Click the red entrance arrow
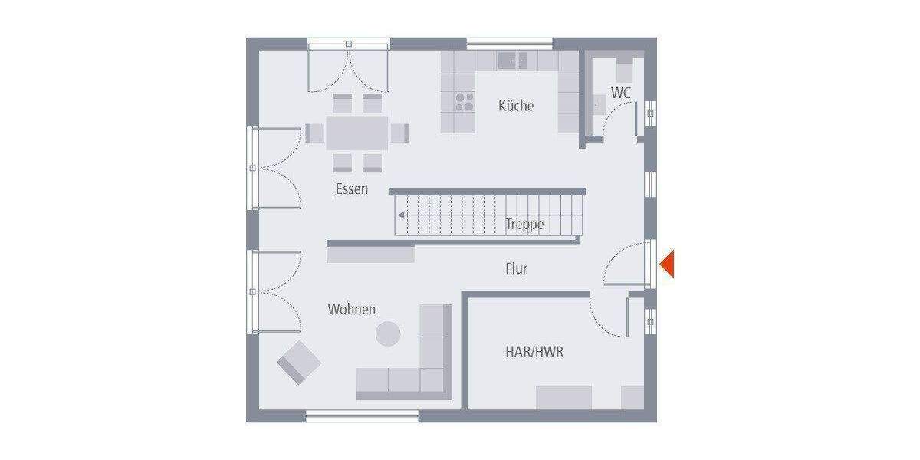(x=666, y=264)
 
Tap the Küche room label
(x=516, y=106)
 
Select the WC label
(x=621, y=93)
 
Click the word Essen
(x=351, y=189)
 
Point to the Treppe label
(x=524, y=225)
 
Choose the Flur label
(x=516, y=268)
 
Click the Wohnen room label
(x=352, y=309)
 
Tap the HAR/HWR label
(x=534, y=352)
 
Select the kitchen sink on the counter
(x=513, y=60)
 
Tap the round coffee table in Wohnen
(x=387, y=333)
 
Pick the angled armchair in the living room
(x=298, y=361)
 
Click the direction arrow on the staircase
(x=401, y=215)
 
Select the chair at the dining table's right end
(x=399, y=133)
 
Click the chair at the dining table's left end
(x=314, y=133)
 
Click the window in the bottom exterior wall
(x=362, y=416)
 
